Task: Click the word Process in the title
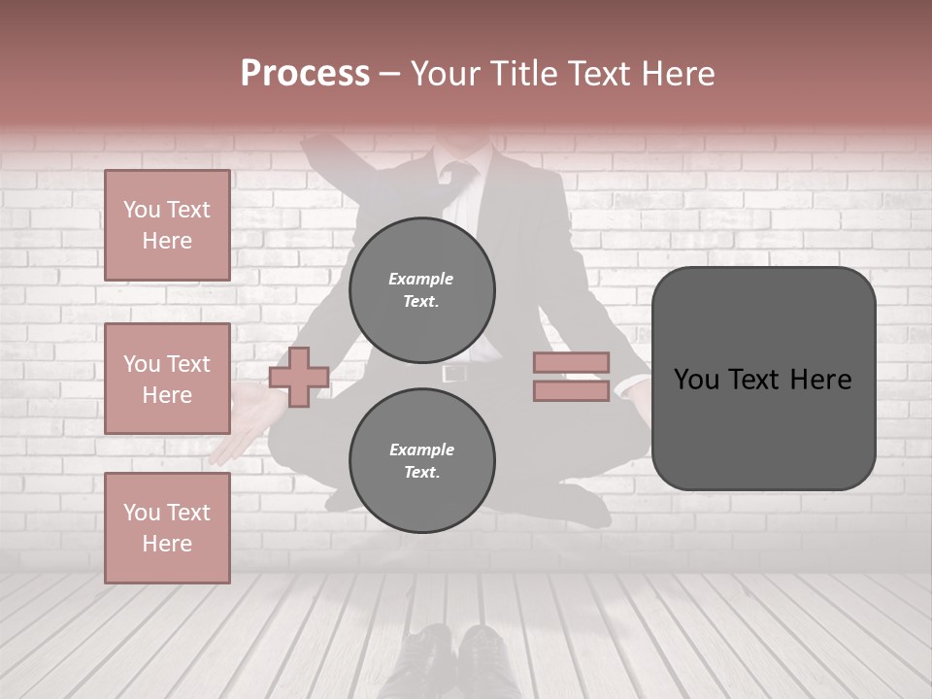[x=305, y=74]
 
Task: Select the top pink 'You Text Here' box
[x=167, y=225]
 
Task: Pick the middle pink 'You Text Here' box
[x=167, y=379]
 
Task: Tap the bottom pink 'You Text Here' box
[x=167, y=528]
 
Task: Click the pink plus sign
[x=299, y=377]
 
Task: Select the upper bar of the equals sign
[x=571, y=362]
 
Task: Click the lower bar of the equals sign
[x=571, y=390]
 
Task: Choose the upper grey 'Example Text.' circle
[x=421, y=289]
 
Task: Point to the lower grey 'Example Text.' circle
[x=421, y=460]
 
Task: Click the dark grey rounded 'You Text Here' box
[x=763, y=379]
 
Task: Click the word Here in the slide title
[x=678, y=74]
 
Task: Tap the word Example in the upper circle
[x=421, y=279]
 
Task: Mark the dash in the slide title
[x=390, y=75]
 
